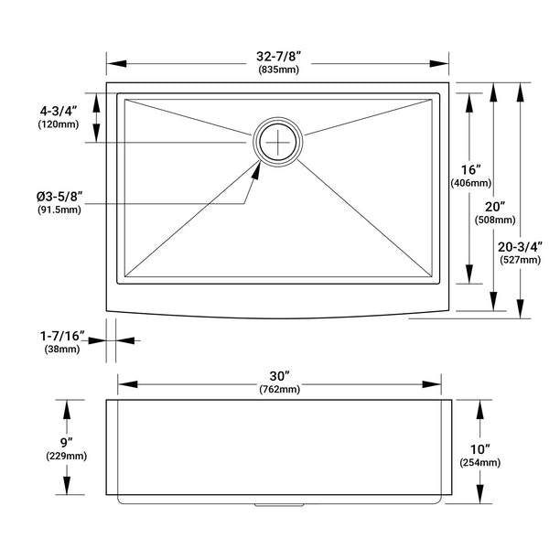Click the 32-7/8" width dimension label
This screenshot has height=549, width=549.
(x=279, y=56)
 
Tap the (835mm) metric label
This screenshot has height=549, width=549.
(x=279, y=70)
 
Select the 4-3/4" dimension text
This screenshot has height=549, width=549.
(x=59, y=112)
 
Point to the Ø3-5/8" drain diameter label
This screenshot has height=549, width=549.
(x=59, y=197)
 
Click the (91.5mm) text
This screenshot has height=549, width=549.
(x=59, y=210)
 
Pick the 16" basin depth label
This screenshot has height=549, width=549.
(x=470, y=170)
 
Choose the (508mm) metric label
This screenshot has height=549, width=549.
(x=495, y=220)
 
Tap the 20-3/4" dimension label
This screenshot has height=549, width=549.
(x=520, y=247)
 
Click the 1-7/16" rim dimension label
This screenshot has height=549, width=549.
(x=62, y=336)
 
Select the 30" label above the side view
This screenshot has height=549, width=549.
(x=280, y=376)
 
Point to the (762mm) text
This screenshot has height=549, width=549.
(x=280, y=389)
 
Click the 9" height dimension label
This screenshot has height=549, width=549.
(x=66, y=443)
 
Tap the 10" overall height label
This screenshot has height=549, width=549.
(x=479, y=449)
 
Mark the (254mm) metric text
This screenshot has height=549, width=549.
(x=480, y=462)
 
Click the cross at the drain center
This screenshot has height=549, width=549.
(x=277, y=142)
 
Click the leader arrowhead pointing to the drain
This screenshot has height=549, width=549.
(x=256, y=171)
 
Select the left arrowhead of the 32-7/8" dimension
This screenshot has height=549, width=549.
(x=116, y=64)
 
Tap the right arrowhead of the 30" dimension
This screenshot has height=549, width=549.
(x=431, y=384)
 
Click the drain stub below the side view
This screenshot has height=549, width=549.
(x=279, y=505)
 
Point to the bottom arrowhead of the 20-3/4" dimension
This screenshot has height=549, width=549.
(x=521, y=309)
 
